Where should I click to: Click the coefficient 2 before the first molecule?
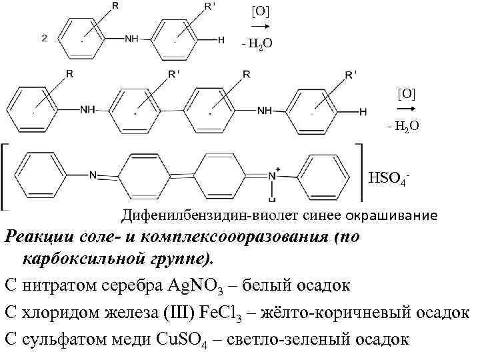pyautogui.click(x=44, y=38)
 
